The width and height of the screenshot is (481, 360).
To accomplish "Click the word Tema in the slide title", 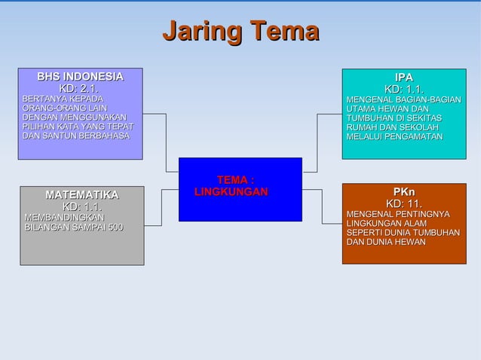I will (x=285, y=32).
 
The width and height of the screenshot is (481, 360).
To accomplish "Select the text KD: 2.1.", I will (x=79, y=90).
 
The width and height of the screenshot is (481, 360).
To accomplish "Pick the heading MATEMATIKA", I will (x=81, y=195).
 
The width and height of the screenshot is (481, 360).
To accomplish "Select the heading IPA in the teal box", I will (x=403, y=78).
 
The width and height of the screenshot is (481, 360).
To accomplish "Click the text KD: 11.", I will (x=403, y=203).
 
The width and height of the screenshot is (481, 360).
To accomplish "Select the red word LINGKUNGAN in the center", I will (x=231, y=193).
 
